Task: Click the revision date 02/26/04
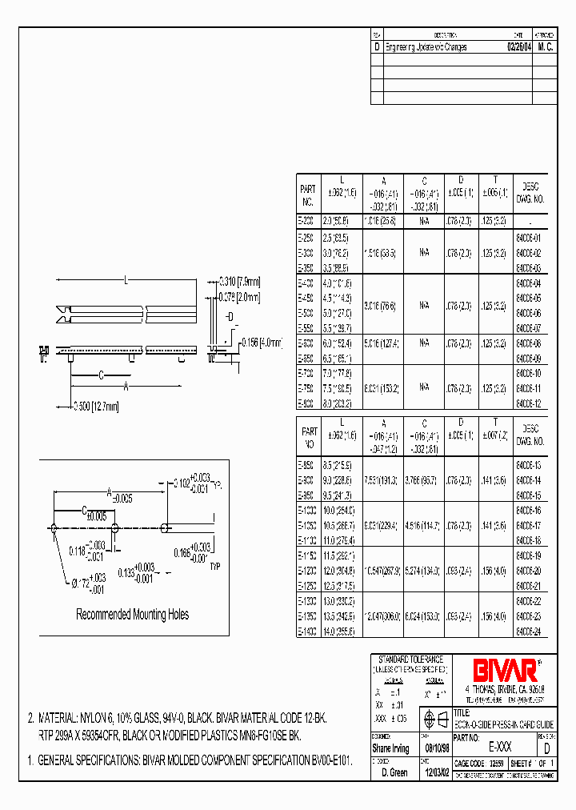pyautogui.click(x=518, y=47)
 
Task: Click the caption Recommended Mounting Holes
pyautogui.click(x=132, y=615)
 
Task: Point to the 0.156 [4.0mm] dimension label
pyautogui.click(x=263, y=343)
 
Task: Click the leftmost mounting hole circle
pyautogui.click(x=54, y=527)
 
